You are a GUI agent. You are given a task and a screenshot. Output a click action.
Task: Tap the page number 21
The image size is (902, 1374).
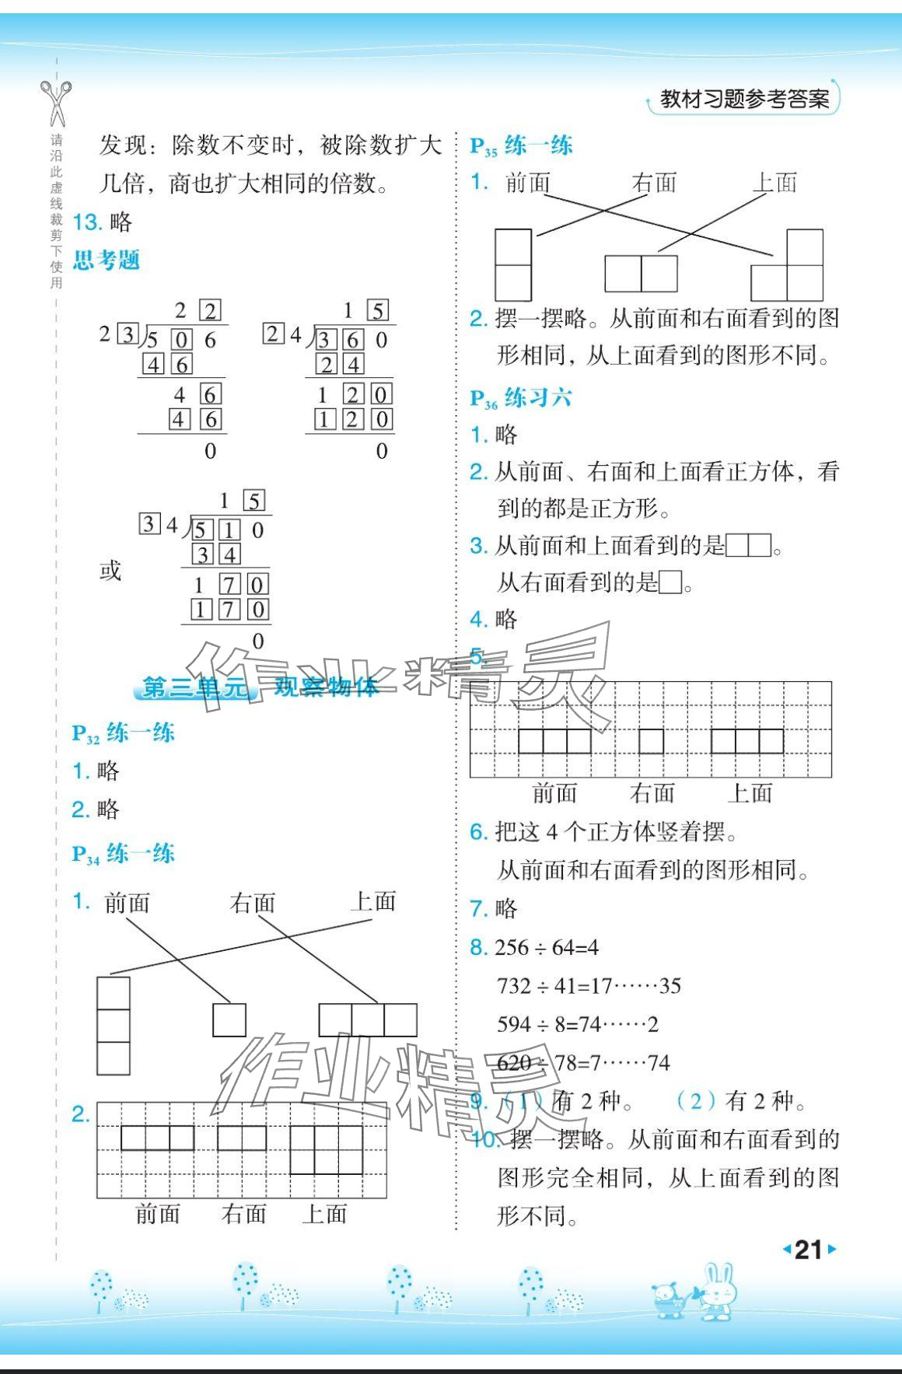point(809,1250)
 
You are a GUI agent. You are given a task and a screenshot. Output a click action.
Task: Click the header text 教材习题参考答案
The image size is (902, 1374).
point(744,99)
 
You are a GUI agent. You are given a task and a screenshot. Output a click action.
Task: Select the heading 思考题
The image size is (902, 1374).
point(107,260)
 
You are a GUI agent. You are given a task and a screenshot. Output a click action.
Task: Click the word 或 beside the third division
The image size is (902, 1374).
point(110,571)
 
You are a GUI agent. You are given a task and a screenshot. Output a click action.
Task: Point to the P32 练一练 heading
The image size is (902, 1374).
point(124,733)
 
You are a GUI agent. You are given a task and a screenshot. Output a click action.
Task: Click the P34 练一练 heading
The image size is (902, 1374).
point(124,854)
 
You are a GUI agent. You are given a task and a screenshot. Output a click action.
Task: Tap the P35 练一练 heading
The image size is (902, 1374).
point(521,145)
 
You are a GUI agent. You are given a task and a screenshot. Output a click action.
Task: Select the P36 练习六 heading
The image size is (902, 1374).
point(521,398)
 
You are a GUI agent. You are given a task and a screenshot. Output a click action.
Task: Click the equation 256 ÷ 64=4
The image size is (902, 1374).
point(547,947)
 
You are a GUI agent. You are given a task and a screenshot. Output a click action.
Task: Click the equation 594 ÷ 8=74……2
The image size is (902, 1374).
point(578,1024)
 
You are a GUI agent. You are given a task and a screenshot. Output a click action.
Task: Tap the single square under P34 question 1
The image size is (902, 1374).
point(229,1019)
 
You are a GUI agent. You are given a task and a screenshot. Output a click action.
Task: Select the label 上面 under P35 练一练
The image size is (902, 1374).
point(774,183)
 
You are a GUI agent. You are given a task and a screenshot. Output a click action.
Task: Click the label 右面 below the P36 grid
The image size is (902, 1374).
point(652,793)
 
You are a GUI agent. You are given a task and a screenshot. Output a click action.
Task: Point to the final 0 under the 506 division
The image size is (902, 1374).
point(210,451)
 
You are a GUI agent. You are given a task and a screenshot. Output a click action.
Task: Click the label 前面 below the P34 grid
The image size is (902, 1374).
point(158,1214)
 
